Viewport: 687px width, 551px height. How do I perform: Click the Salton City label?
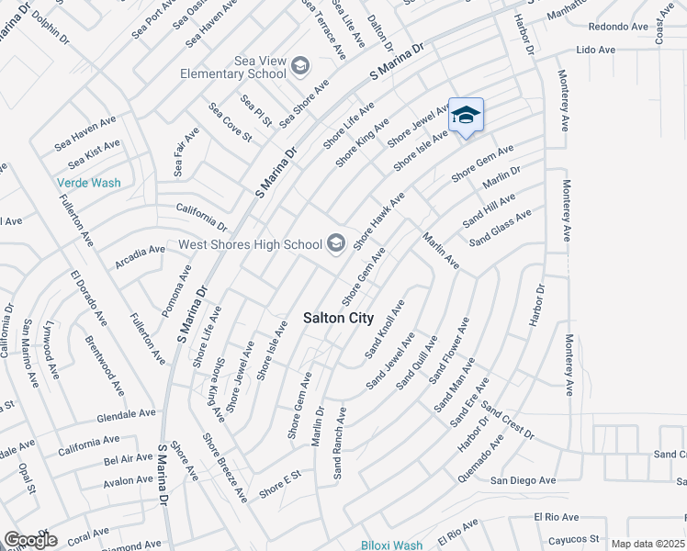click(x=338, y=318)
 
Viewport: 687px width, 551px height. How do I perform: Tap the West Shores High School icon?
click(x=336, y=243)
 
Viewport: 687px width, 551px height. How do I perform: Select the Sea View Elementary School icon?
click(x=299, y=65)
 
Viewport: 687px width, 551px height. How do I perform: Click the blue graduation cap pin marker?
click(x=466, y=116)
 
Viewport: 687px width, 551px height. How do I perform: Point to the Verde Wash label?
click(x=88, y=183)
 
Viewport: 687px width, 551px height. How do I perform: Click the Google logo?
click(x=30, y=540)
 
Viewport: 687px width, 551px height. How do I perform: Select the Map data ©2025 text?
click(x=648, y=544)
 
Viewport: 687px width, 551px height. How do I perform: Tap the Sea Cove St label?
click(x=230, y=121)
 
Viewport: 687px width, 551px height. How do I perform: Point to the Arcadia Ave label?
click(x=141, y=256)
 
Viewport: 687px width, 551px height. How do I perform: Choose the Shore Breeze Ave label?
click(x=225, y=467)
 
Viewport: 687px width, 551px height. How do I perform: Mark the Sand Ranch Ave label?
click(x=338, y=443)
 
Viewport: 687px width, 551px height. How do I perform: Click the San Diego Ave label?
click(x=523, y=480)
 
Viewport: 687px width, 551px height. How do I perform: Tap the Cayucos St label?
click(x=569, y=539)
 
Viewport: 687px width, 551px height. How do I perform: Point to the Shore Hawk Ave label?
click(x=379, y=218)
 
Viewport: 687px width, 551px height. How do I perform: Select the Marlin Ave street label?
click(x=440, y=251)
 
